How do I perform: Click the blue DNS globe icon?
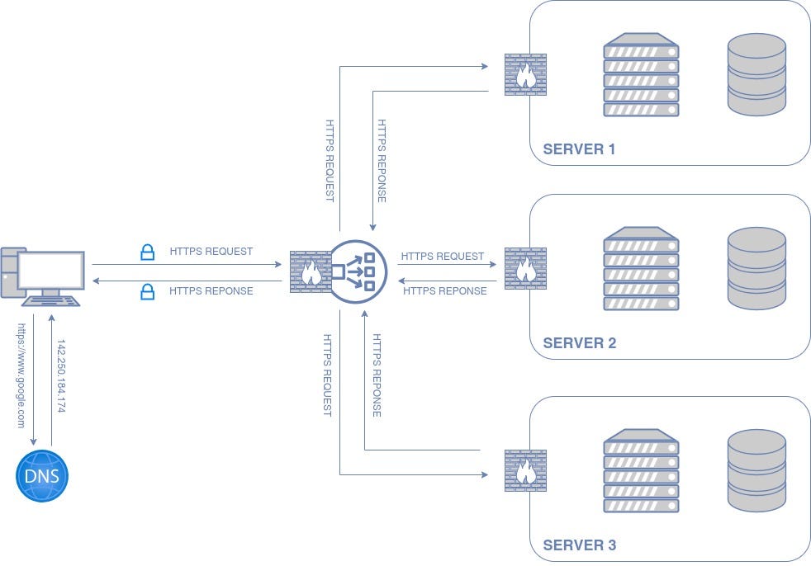click(x=42, y=476)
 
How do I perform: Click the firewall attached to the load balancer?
click(x=310, y=271)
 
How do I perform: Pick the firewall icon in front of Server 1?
click(x=524, y=75)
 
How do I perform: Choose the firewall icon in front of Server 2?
click(x=524, y=269)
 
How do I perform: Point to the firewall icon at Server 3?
click(x=524, y=471)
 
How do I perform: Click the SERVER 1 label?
click(x=579, y=149)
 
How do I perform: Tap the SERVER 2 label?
click(x=579, y=343)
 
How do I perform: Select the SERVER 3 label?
click(x=579, y=545)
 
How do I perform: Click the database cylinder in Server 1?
click(x=756, y=74)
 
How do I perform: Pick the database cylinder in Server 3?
click(x=756, y=470)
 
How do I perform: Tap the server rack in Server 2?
click(x=641, y=269)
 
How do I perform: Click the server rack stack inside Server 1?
click(x=641, y=75)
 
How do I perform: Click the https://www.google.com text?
click(x=21, y=375)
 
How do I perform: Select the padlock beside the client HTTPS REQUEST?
click(x=147, y=252)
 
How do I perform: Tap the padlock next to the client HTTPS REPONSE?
click(x=147, y=290)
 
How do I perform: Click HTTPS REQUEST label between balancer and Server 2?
click(x=443, y=257)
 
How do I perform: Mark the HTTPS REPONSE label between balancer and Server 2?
click(x=444, y=290)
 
